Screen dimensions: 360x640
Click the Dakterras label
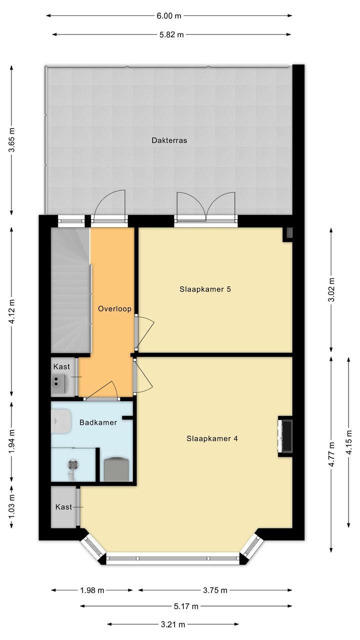point(169,140)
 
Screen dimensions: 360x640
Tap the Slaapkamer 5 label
point(205,289)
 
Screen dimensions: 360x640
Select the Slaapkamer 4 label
point(212,438)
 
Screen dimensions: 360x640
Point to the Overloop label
point(114,309)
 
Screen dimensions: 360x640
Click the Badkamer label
point(98,422)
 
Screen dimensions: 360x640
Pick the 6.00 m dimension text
point(169,16)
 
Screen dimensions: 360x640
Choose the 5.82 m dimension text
point(171,35)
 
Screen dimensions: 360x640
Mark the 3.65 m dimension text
point(11,141)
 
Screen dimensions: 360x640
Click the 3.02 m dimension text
point(331,290)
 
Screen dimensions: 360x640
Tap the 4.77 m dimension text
point(331,454)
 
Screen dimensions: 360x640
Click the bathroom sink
point(61,421)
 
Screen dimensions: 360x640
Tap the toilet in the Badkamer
point(116,469)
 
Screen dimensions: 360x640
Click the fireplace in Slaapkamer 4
point(285,436)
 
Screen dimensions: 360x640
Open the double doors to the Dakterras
point(206,207)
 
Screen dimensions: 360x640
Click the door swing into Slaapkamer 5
point(145,333)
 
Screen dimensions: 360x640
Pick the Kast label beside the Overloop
point(61,367)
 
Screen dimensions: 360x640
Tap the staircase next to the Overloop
point(70,290)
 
